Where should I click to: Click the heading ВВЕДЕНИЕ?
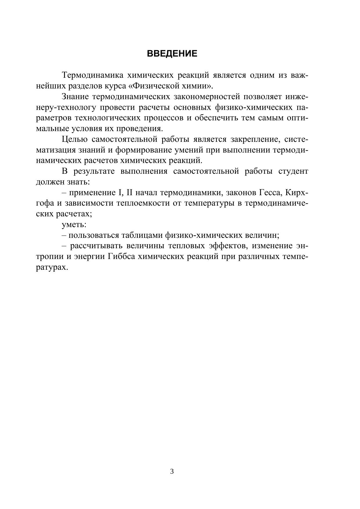pyautogui.click(x=172, y=54)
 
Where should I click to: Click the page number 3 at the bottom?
pyautogui.click(x=172, y=471)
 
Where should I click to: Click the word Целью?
pyautogui.click(x=75, y=139)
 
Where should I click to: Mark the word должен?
pyautogui.click(x=49, y=182)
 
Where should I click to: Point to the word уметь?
pyautogui.click(x=74, y=224)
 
